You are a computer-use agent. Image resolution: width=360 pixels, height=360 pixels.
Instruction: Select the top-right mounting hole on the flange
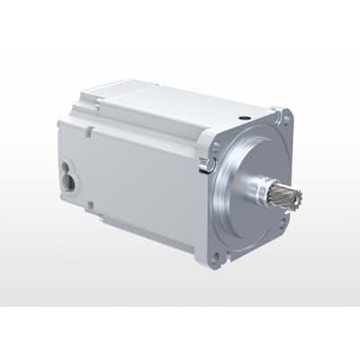coord(286,118)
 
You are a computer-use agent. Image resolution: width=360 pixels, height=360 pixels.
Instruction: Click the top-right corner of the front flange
coord(290,112)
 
